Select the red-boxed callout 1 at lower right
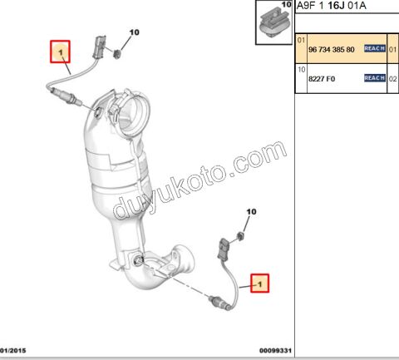coord(261,284)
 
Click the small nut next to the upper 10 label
coord(119,55)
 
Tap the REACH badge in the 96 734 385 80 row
coord(374,49)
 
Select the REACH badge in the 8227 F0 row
coord(374,78)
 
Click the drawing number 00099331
coord(275,352)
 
